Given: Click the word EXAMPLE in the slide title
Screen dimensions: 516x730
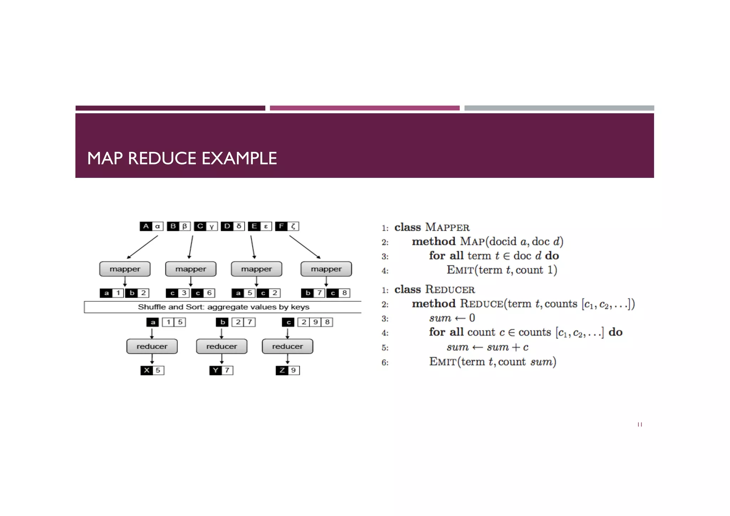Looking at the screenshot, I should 239,158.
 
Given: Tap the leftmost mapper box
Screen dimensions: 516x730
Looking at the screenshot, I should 125,269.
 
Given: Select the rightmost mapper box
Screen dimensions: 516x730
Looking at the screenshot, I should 326,269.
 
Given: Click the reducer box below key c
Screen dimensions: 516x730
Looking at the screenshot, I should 287,346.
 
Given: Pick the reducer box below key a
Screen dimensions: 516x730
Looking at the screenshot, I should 152,346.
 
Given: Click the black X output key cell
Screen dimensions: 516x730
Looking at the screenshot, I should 146,370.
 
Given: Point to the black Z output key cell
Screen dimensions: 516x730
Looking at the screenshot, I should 282,370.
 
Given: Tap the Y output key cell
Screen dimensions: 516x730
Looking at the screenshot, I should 215,370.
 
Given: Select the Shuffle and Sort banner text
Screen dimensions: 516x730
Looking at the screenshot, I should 223,307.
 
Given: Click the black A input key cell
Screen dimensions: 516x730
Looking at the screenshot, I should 146,226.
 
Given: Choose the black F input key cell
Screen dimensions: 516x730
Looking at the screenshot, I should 281,226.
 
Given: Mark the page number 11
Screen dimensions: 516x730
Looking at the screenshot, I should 640,424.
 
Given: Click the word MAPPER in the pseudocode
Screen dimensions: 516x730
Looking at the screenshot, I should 447,227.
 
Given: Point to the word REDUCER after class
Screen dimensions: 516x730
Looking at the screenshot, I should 450,289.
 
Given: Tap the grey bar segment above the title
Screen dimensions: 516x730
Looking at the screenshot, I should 559,108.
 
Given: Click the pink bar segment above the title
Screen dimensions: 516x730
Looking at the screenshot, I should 365,108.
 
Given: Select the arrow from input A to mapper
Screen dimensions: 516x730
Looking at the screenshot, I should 143,247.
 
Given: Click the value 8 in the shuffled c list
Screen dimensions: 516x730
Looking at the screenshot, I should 327,322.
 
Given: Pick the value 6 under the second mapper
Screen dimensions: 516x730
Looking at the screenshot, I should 209,293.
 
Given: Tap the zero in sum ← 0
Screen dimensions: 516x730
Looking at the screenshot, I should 472,318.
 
